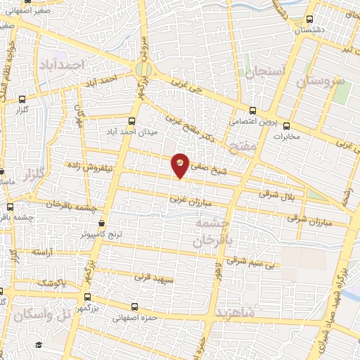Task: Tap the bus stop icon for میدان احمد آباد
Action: pos(132,120)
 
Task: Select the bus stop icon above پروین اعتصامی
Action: pos(253,110)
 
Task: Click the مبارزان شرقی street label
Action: pos(308,221)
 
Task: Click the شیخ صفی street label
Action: pos(210,159)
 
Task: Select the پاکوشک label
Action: pos(50,283)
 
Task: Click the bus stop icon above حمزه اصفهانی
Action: pos(134,307)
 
